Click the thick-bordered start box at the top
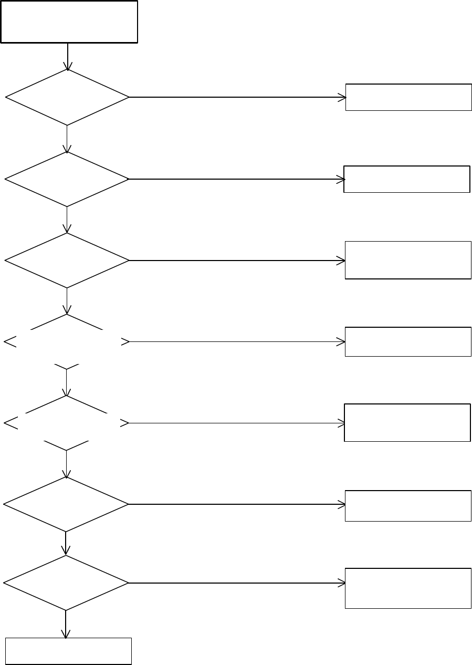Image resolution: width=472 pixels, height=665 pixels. tap(69, 22)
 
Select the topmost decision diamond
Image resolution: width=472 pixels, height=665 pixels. tap(67, 97)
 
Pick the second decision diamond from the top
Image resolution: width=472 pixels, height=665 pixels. tap(67, 179)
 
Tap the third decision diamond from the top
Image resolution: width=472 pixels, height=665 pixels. tap(67, 260)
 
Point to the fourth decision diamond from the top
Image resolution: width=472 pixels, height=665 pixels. tap(67, 342)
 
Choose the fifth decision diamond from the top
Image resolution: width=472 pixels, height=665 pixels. tap(67, 423)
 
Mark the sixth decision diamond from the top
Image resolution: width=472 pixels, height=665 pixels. tap(66, 504)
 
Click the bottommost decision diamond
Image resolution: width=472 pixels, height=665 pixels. tap(66, 583)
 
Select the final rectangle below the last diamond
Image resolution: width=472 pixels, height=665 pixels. tap(68, 651)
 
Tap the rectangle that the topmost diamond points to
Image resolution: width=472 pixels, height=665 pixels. tap(408, 97)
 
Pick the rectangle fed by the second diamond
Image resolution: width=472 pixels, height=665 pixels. tap(407, 179)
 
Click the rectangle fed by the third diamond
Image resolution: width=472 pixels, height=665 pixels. tap(408, 260)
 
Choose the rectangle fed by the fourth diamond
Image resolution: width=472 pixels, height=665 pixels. tap(408, 341)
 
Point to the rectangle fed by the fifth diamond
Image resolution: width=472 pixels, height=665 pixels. tap(407, 422)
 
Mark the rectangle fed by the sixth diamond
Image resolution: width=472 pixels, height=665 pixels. tap(408, 505)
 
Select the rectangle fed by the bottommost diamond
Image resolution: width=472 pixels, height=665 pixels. tap(408, 588)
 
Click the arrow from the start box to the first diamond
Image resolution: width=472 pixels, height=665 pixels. tap(68, 56)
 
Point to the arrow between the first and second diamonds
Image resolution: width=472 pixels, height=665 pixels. tap(67, 139)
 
